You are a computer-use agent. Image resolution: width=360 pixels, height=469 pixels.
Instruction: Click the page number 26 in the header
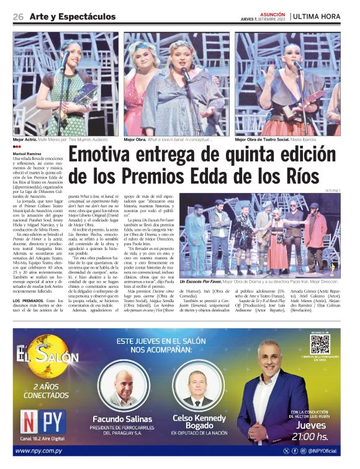point(18,17)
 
